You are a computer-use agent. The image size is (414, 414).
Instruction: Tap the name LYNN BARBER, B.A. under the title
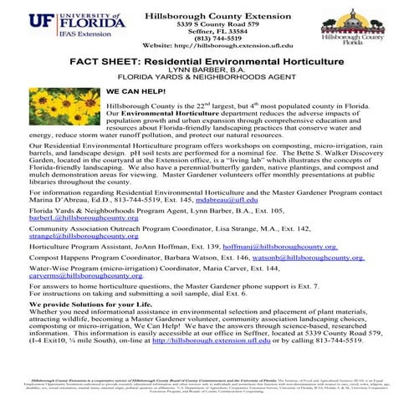(207, 72)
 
